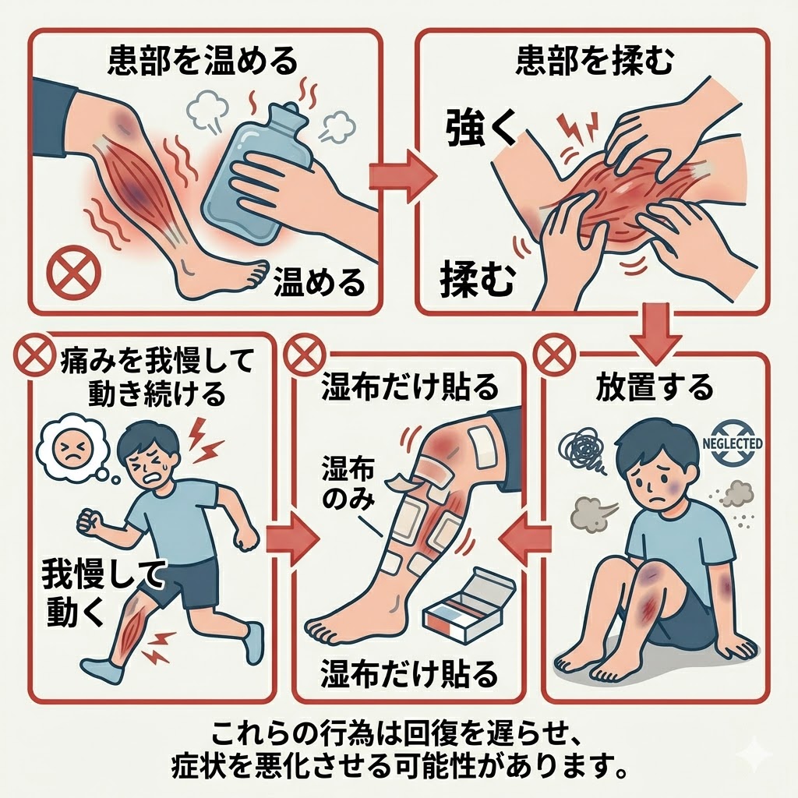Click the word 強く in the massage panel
(481, 129)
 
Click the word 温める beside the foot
(319, 283)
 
